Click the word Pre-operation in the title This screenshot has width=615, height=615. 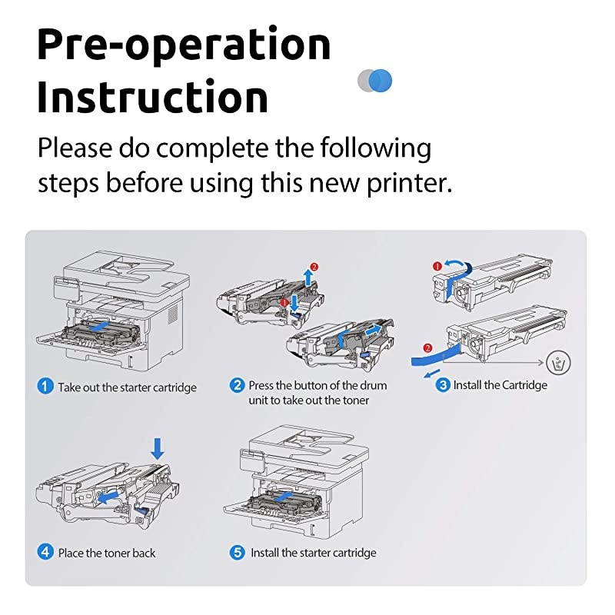[x=184, y=44]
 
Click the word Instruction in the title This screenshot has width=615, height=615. [x=153, y=98]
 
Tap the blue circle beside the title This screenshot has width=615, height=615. [x=381, y=80]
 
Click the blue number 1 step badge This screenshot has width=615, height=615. [x=46, y=387]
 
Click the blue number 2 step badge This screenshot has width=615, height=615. [x=238, y=385]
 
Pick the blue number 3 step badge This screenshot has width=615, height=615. [x=443, y=384]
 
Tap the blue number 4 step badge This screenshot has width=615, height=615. [x=46, y=552]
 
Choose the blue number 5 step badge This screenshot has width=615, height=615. [x=238, y=552]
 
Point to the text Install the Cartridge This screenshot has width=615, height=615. [x=500, y=385]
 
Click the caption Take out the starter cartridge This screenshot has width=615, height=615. [x=127, y=387]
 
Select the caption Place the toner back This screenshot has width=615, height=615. [x=107, y=553]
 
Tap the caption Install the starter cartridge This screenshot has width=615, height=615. [x=314, y=553]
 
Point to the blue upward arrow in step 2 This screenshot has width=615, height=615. [x=309, y=278]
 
